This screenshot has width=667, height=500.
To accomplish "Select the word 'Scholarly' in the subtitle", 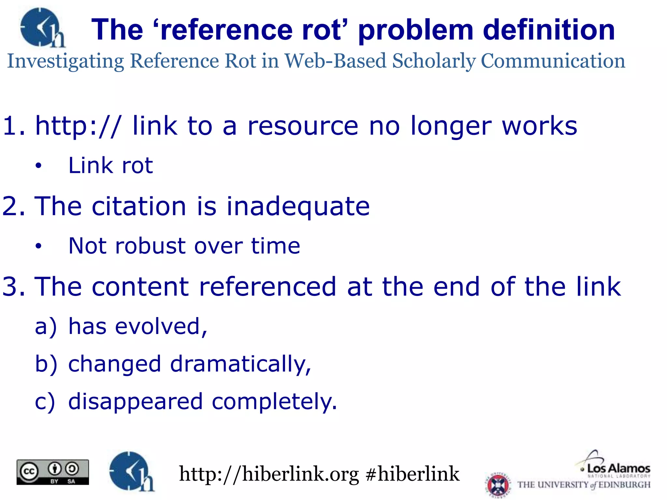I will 434,61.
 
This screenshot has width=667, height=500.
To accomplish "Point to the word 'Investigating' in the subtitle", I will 65,61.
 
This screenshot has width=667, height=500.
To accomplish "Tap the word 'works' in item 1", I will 539,126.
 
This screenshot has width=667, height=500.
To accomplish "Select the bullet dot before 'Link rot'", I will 39,166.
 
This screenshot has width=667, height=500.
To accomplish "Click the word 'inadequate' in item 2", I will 298,206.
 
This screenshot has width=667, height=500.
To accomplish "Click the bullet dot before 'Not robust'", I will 39,246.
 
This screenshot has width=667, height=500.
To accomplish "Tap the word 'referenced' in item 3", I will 267,287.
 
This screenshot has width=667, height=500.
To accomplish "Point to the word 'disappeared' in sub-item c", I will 135,402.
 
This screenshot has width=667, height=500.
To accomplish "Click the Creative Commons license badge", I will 53,472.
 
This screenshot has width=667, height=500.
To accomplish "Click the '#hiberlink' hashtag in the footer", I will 412,474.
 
